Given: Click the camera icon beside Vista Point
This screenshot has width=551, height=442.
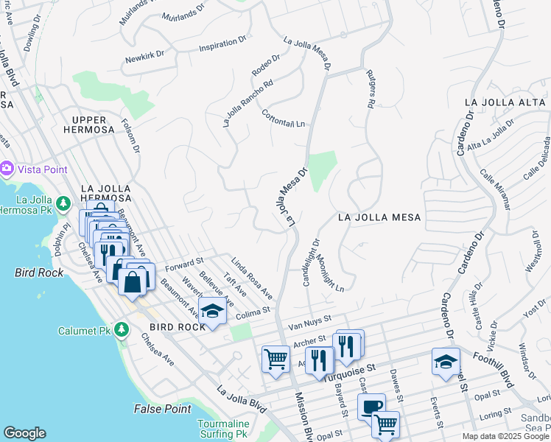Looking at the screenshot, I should click(7, 169).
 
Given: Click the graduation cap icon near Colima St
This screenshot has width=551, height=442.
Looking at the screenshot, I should click(212, 311).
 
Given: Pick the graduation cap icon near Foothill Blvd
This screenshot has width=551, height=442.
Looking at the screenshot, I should click(446, 362).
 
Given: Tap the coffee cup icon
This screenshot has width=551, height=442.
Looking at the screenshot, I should click(372, 406).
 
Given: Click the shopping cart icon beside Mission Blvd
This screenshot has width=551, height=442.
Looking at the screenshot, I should click(275, 359).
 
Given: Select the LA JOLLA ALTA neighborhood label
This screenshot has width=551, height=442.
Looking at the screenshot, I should click(506, 102).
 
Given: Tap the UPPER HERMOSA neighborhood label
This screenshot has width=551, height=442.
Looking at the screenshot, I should click(94, 124).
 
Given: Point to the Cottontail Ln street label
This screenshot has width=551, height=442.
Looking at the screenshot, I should click(283, 119).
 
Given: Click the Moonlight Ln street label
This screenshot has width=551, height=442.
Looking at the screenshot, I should click(330, 272).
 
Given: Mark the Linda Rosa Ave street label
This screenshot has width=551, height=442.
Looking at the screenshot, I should click(251, 278).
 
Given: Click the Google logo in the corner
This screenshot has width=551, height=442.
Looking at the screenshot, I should click(24, 433).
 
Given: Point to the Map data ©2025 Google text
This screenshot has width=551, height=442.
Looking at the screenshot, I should click(506, 436).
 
